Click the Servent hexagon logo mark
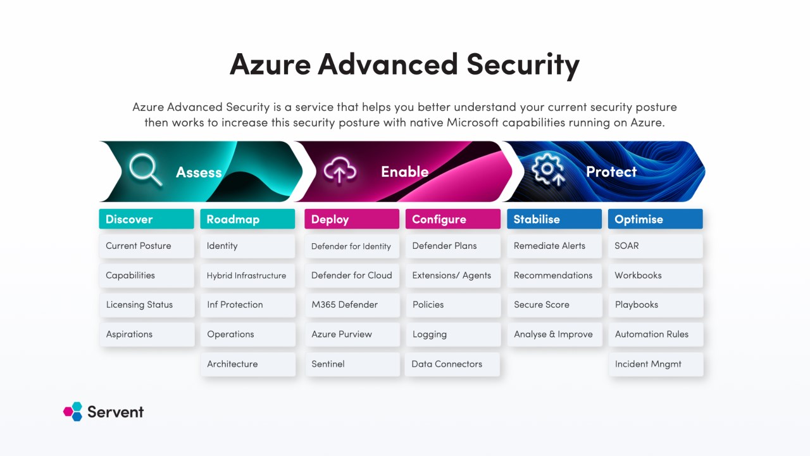(73, 412)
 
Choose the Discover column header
(146, 219)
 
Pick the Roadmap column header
(247, 219)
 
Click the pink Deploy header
(352, 219)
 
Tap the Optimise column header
(655, 219)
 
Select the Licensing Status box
(146, 305)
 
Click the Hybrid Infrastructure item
(247, 275)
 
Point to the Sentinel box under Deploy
(352, 364)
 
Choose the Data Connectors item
(452, 364)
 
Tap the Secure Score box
(554, 305)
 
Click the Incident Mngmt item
(655, 364)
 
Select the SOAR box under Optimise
(655, 246)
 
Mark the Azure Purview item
(352, 334)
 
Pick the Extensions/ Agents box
(452, 275)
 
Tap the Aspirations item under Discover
(146, 334)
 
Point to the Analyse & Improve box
(554, 334)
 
